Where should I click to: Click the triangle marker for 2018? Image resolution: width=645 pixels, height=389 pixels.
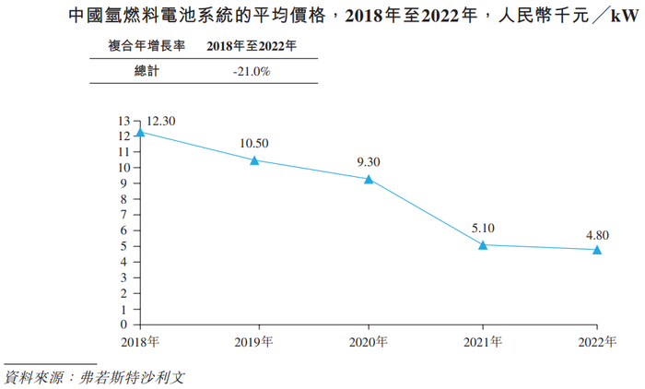tap(140, 133)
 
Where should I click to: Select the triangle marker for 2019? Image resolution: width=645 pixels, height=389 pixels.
tap(254, 160)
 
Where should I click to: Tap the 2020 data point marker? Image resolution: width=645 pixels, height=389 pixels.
tap(369, 179)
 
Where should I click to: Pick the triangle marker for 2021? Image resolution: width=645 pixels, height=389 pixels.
tap(483, 244)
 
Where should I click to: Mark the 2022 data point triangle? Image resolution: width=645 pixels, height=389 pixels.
tap(597, 249)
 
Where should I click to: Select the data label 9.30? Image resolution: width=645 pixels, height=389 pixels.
tap(369, 161)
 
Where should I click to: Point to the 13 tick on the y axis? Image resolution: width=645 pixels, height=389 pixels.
tap(125, 121)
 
